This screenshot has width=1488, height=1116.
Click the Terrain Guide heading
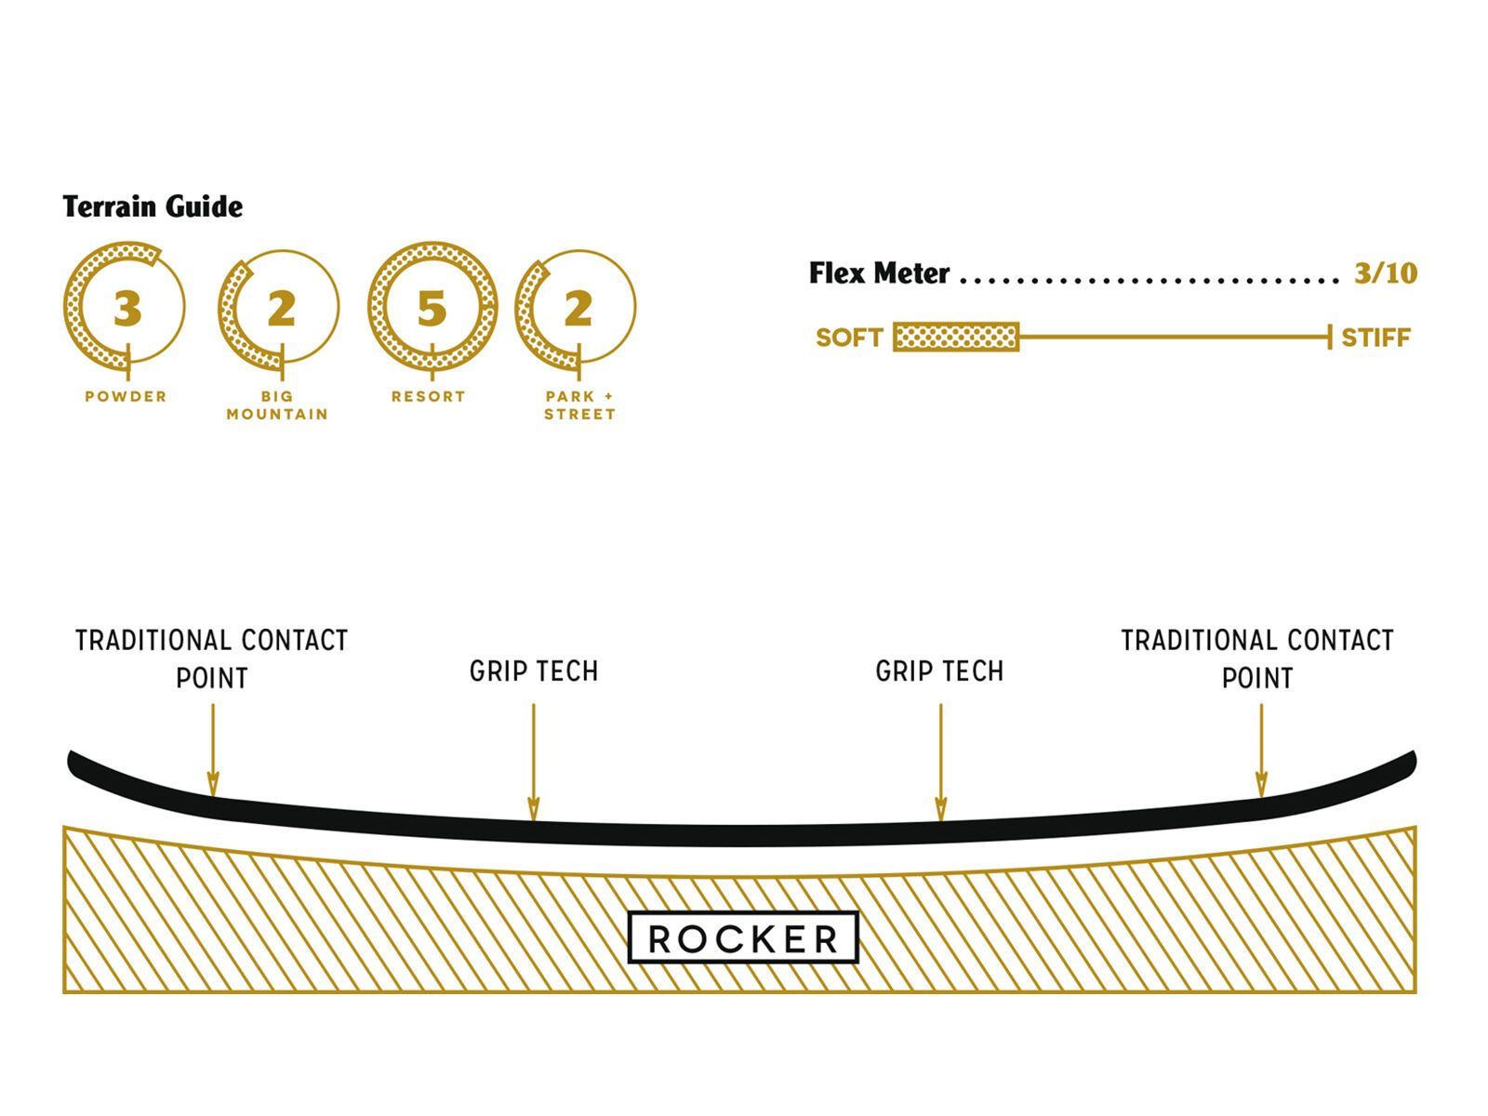[153, 206]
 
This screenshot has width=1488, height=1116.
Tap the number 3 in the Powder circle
[127, 309]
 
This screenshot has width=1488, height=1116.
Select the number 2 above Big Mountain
[281, 309]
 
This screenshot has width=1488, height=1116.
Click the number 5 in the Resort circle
[432, 309]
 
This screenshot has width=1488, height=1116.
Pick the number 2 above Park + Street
[578, 309]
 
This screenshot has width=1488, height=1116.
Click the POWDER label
[126, 396]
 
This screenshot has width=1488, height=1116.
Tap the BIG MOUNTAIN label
[277, 405]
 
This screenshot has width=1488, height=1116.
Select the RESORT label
[428, 396]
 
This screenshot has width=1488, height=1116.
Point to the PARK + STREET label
[579, 405]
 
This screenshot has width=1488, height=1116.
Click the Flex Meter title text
[879, 273]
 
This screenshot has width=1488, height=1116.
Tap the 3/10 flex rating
[1385, 273]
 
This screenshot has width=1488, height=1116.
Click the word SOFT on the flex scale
[848, 338]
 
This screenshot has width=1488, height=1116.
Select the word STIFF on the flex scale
[1375, 338]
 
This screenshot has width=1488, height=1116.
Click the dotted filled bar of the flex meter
[956, 338]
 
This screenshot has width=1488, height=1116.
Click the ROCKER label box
[743, 937]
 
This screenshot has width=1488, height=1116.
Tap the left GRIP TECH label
[534, 671]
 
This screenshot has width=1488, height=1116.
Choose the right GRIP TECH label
[939, 671]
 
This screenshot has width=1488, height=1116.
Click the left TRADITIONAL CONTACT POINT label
[212, 658]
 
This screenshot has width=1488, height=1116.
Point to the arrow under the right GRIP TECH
[940, 763]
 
